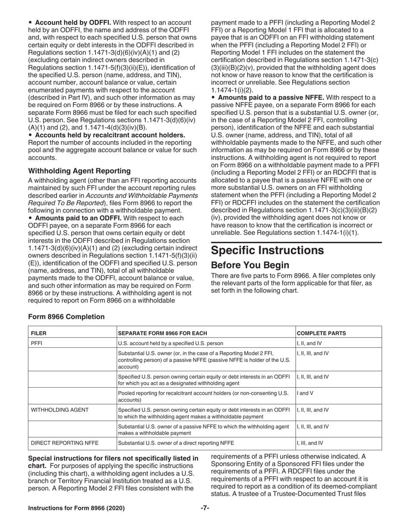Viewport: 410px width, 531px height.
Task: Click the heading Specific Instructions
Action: tap(267, 250)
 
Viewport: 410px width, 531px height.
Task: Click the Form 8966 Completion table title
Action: tap(66, 317)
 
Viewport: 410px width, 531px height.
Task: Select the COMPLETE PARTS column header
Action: tap(321, 333)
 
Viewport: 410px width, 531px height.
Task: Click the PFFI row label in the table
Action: tap(37, 344)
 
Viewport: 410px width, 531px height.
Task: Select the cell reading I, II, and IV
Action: tap(308, 344)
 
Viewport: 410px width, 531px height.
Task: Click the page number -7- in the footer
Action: tap(205, 508)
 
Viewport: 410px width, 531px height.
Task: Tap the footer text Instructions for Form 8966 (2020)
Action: tap(76, 508)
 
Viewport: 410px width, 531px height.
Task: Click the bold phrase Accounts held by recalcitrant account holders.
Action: tap(110, 135)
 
